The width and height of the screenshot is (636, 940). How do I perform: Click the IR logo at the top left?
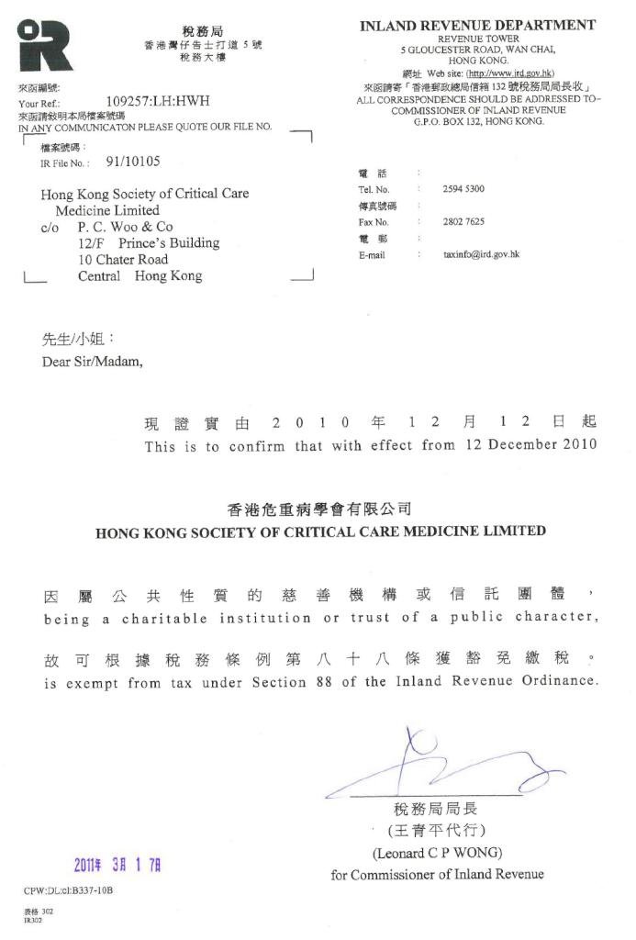coord(45,46)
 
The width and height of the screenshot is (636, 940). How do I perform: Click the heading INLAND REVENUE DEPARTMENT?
coord(478,26)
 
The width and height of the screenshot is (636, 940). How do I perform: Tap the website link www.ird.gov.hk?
coord(509,73)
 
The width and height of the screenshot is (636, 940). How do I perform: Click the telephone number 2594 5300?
coord(463,189)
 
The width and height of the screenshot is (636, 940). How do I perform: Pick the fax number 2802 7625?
coord(463,222)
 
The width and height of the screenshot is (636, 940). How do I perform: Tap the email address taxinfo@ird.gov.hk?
coord(481,254)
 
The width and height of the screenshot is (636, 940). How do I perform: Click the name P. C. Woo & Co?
coord(125,227)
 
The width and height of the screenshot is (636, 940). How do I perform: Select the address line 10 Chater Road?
coord(123,260)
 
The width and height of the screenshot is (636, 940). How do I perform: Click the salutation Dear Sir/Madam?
coord(93,361)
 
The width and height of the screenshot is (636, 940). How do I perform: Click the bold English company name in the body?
coord(320,532)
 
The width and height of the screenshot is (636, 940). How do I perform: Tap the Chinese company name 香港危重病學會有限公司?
coord(318,509)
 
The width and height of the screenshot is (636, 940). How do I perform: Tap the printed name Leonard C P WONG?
coord(437,853)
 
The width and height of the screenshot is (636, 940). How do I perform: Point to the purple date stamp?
coord(117,864)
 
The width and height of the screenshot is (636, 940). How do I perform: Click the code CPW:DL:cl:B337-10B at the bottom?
coord(69,891)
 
